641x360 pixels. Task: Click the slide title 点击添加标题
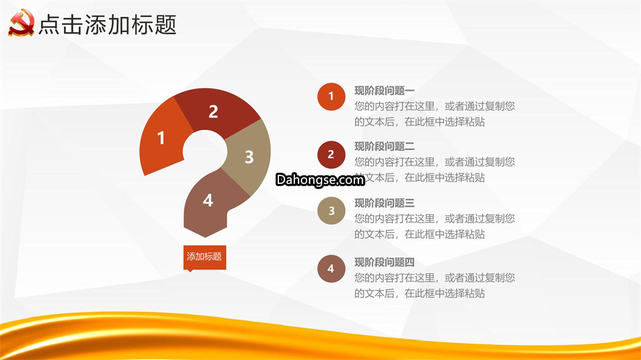pos(107,24)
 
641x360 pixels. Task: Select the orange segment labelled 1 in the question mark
pos(161,137)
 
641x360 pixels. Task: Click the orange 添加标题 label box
pos(204,257)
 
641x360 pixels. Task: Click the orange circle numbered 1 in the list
pos(331,97)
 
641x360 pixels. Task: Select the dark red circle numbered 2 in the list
pos(331,154)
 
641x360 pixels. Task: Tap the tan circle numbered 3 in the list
pos(331,211)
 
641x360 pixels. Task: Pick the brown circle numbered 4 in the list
pos(331,269)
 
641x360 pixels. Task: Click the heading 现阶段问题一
pos(384,90)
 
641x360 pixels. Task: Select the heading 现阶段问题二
pos(384,146)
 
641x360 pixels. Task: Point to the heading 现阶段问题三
pos(384,203)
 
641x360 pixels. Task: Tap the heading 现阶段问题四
pos(384,262)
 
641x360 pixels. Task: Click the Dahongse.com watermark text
pos(320,180)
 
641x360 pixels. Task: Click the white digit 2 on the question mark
pos(214,111)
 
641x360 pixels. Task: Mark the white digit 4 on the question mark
pos(208,200)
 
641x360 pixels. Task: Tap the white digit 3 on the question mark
pos(249,157)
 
